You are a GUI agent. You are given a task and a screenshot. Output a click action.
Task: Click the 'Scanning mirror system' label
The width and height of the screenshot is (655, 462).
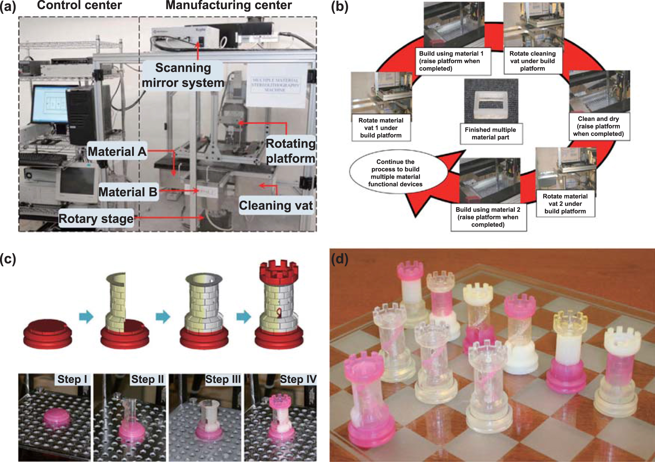183,75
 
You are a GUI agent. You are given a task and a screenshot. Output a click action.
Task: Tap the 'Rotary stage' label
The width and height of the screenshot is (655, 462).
96,219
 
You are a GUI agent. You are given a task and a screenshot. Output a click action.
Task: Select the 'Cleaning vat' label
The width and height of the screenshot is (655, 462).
276,205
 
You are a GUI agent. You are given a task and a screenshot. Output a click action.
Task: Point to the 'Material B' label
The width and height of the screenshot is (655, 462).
128,192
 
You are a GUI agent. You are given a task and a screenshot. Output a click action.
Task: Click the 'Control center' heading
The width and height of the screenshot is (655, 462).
79,5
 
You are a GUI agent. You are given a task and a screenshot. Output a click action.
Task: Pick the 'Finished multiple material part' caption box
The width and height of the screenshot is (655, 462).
490,133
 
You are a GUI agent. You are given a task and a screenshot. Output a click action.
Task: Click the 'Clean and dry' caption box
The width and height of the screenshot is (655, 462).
598,126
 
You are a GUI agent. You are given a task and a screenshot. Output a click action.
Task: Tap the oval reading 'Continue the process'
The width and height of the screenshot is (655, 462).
395,173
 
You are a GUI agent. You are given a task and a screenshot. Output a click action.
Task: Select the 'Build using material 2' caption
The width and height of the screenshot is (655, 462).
488,217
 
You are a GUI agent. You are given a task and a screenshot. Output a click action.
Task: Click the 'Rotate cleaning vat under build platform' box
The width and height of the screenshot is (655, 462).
532,61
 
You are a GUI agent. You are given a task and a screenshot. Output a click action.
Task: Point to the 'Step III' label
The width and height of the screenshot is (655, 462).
223,379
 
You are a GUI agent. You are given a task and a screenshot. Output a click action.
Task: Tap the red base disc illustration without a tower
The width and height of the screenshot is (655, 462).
47,335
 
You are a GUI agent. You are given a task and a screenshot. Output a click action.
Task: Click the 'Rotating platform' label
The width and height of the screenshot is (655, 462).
290,151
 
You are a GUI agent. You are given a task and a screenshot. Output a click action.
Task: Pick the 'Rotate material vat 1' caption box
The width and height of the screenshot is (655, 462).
381,128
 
